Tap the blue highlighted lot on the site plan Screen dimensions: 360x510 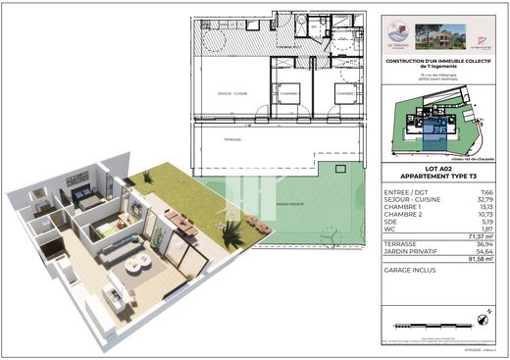click(436, 128)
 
